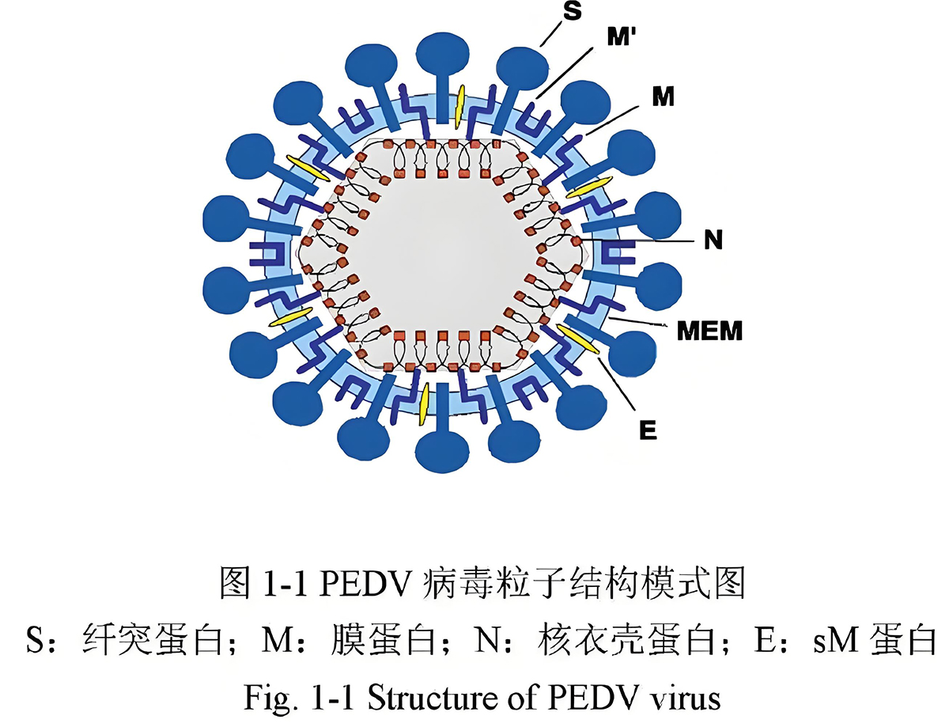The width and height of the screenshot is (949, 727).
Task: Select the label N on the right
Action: (713, 240)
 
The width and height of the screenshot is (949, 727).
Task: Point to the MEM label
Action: (709, 331)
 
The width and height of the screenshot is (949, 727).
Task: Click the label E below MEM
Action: (648, 431)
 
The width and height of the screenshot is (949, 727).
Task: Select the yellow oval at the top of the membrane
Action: (459, 103)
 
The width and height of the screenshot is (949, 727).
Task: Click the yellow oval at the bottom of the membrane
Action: (425, 403)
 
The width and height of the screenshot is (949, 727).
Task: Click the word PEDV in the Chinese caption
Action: (368, 586)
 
